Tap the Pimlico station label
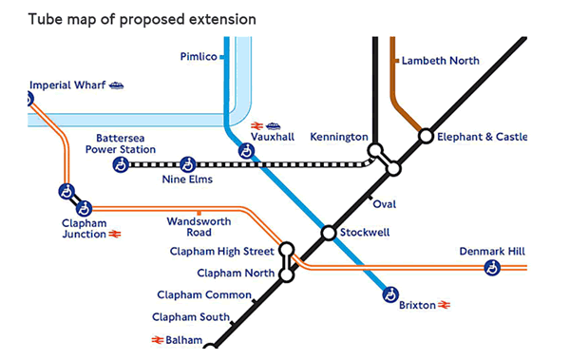(198, 57)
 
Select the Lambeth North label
(440, 60)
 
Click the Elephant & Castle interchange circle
(427, 137)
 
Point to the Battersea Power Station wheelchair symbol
(121, 164)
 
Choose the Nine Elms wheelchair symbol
(187, 164)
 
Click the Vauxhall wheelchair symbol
(245, 151)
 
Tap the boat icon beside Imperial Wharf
(117, 85)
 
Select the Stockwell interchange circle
(328, 233)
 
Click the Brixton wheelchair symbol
(389, 295)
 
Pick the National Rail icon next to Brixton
(444, 306)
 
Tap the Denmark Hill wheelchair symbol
(492, 269)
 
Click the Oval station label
(385, 204)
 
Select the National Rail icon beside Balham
(157, 339)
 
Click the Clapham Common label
(204, 294)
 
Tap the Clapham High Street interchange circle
(286, 251)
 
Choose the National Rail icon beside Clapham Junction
(114, 234)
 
